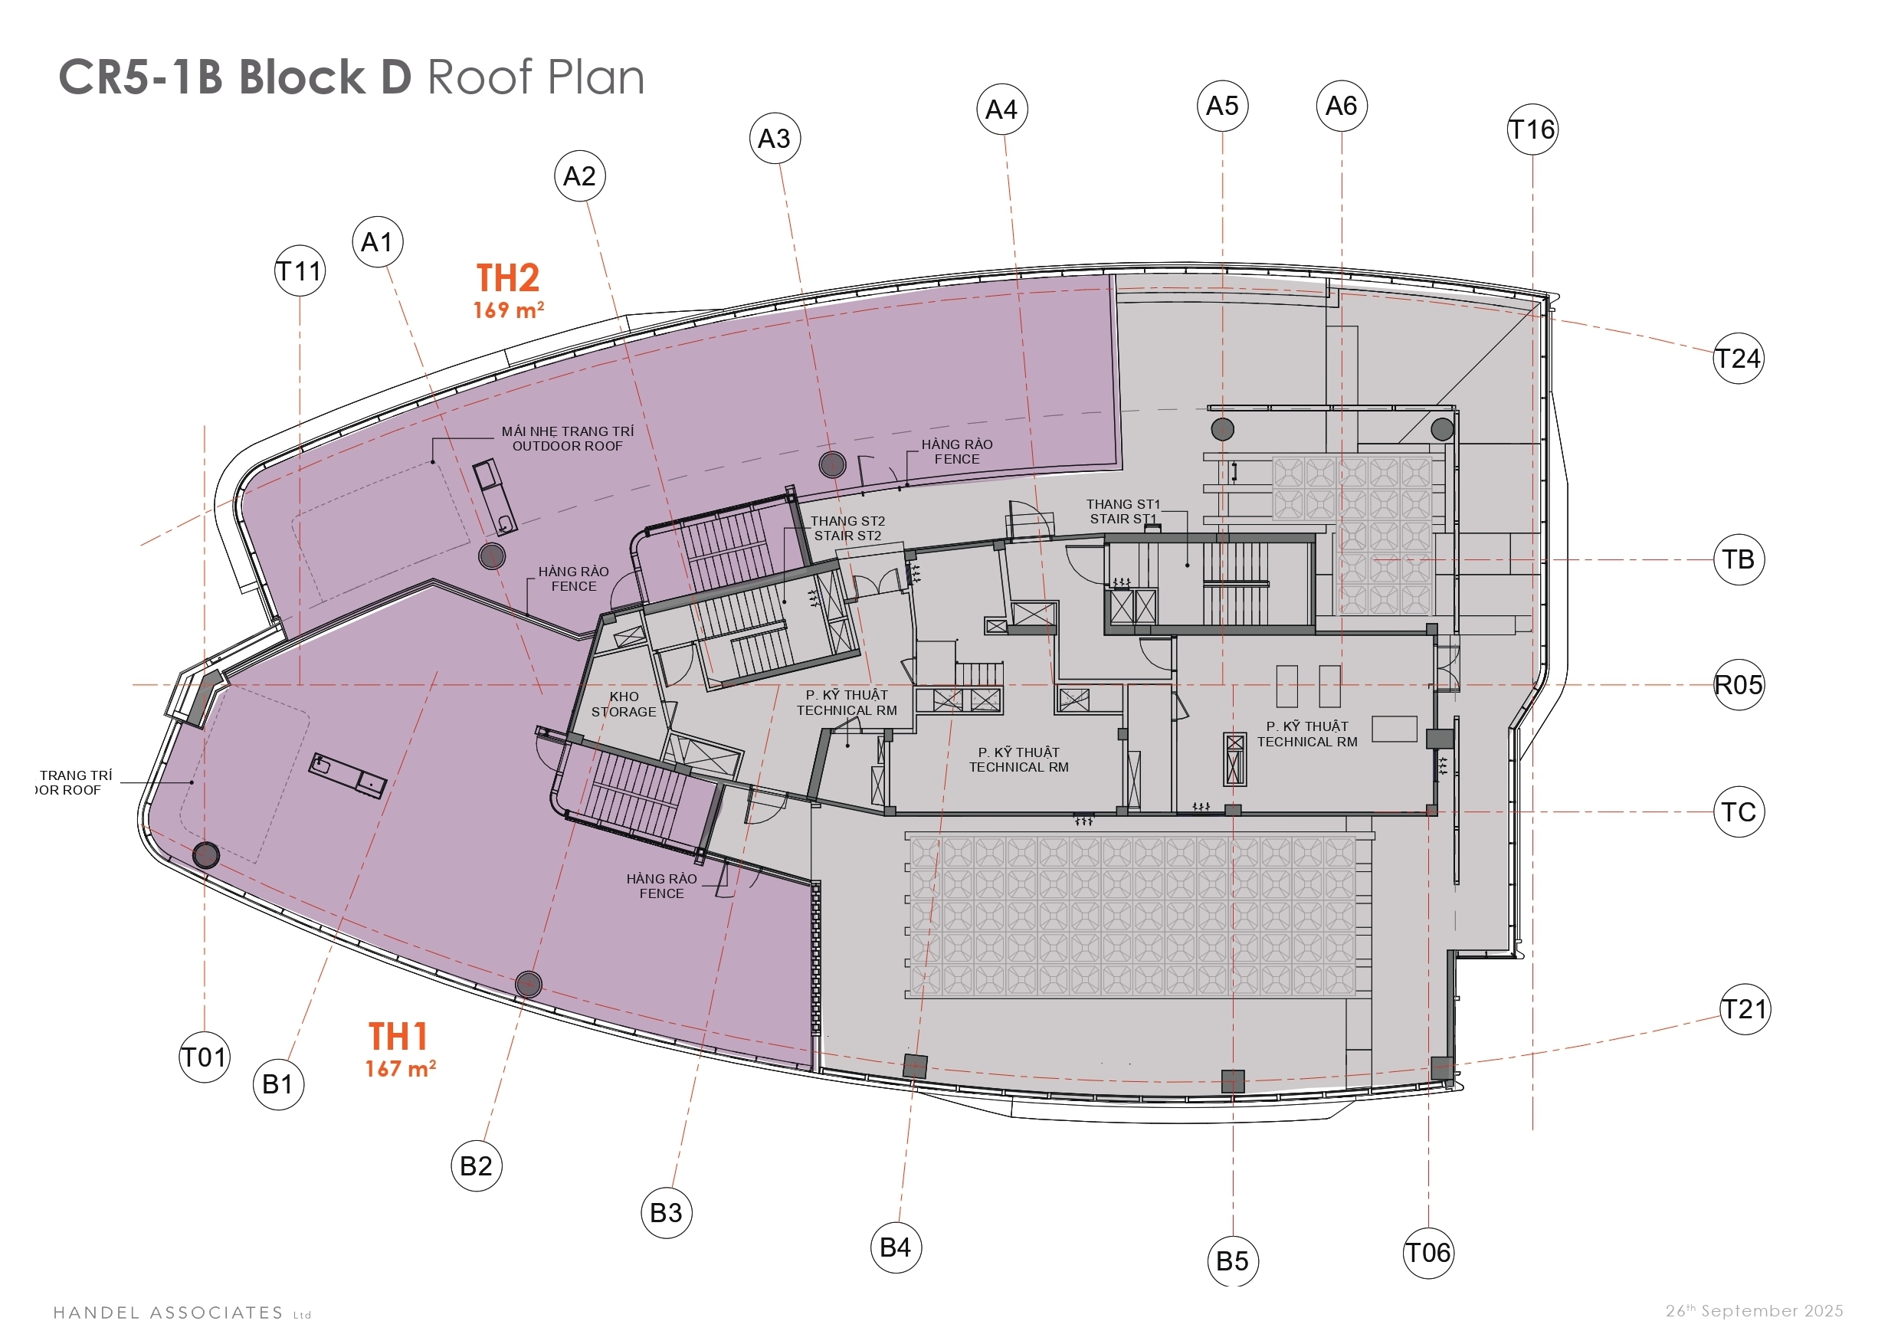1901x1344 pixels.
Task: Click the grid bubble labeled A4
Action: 1001,109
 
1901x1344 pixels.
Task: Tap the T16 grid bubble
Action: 1532,129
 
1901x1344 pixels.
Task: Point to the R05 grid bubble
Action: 1739,685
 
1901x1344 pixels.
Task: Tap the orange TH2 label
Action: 507,278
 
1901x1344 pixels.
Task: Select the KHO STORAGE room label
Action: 624,704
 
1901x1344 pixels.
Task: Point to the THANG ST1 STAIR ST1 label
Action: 1123,511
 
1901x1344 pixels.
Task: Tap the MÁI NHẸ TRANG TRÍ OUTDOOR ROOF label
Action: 567,438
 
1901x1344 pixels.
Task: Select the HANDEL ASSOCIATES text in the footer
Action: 169,1313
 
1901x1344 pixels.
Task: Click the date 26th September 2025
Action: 1755,1311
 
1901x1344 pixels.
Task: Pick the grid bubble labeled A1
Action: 378,242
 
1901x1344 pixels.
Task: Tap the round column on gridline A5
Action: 1223,429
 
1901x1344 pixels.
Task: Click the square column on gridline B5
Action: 1233,1081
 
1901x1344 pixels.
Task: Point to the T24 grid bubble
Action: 1738,359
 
